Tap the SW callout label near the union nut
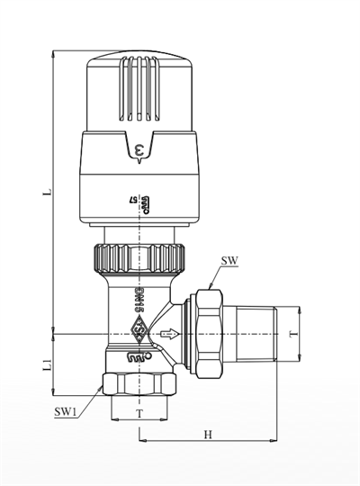point(229,263)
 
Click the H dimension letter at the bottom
point(207,435)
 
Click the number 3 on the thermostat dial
point(139,149)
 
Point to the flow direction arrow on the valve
point(163,334)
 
